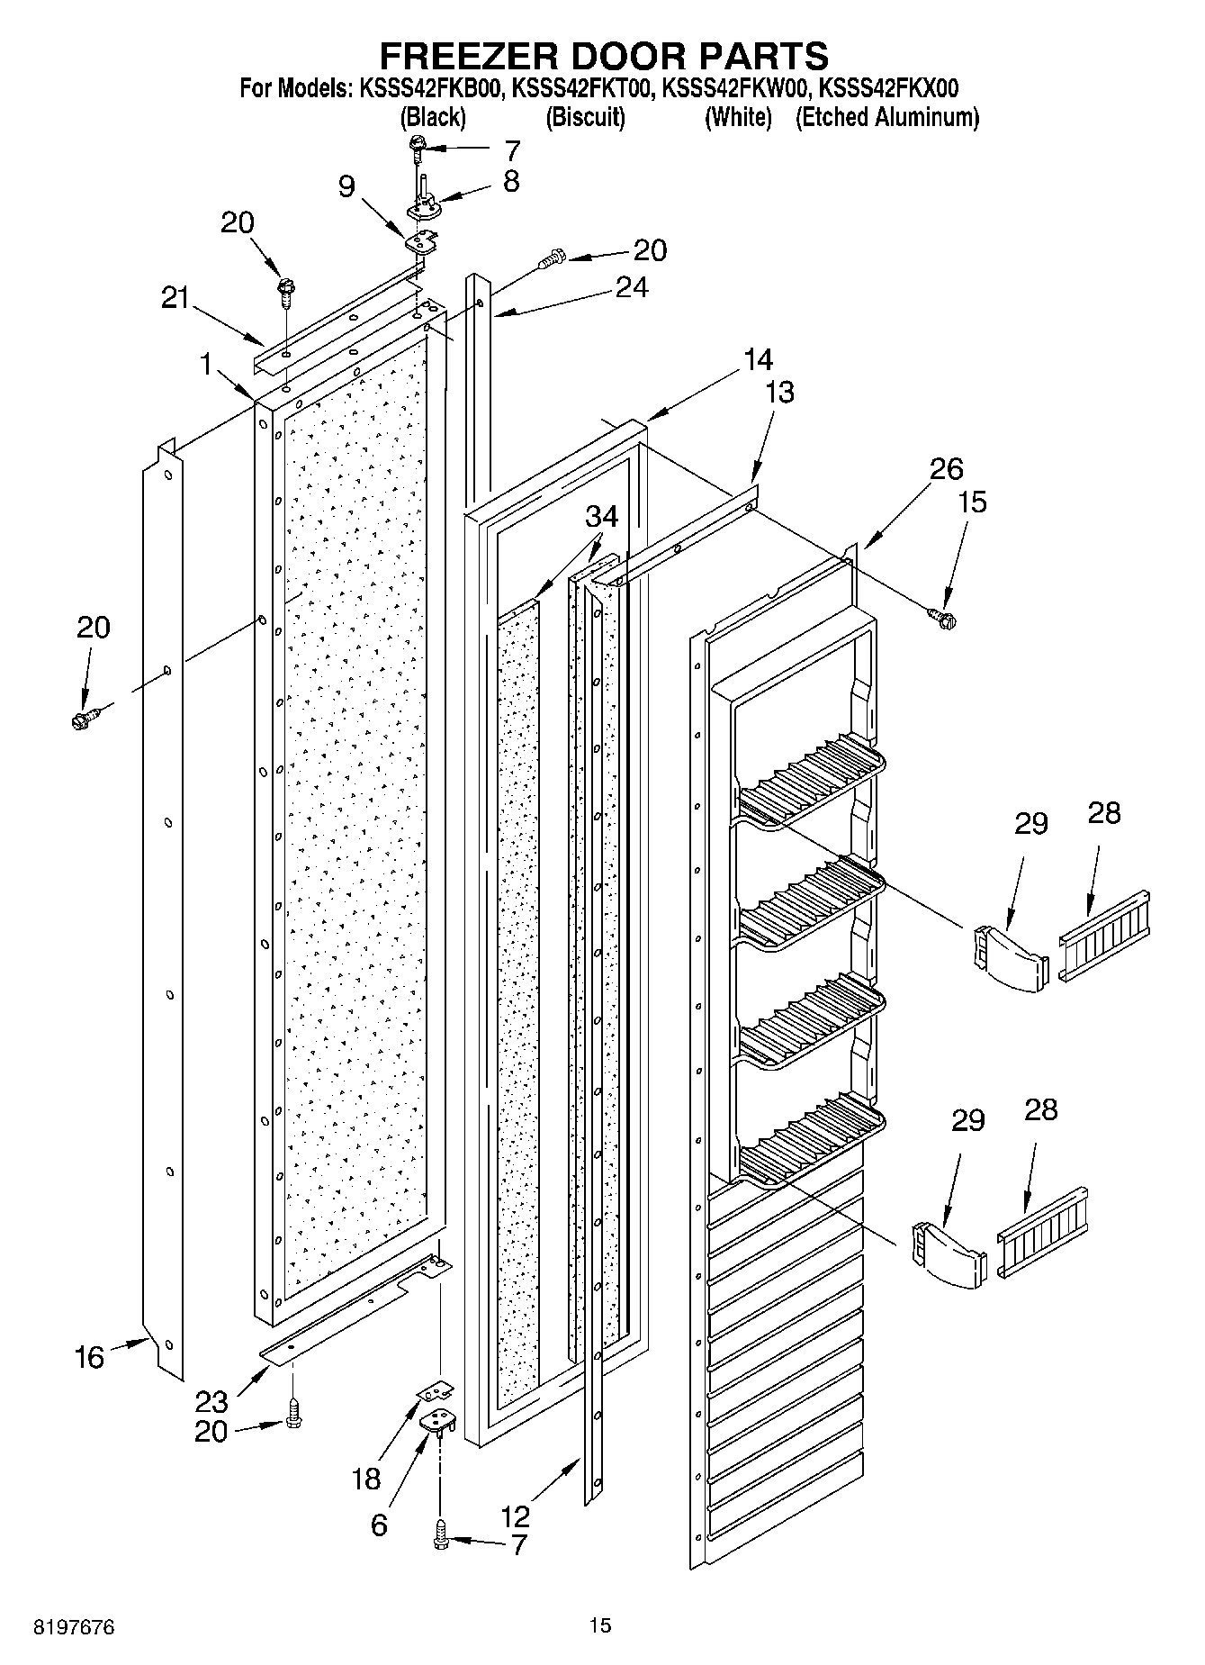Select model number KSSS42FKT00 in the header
pos(582,88)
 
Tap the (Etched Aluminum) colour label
pos(886,117)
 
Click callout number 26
pos(946,468)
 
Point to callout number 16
pos(89,1356)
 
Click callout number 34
pos(602,516)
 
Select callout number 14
pos(758,359)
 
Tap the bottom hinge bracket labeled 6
pos(440,1420)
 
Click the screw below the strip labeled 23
pos(292,1414)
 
